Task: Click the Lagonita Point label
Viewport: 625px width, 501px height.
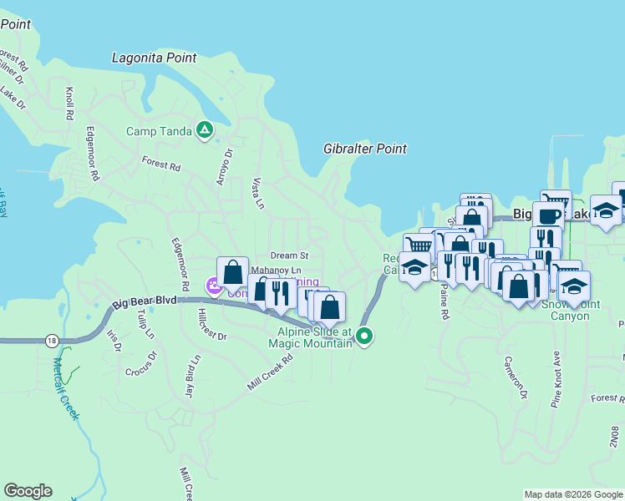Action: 155,58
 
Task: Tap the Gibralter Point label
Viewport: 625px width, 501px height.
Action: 365,149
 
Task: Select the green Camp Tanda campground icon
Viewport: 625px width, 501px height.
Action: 204,129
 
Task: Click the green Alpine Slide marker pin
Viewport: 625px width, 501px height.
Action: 363,337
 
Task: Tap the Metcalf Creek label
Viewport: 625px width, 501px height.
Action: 65,388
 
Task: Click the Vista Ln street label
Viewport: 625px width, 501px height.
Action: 258,193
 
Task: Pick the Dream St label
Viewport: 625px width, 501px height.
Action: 289,255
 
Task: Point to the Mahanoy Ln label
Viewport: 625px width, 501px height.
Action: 276,271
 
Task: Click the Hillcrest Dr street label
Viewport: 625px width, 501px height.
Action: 213,325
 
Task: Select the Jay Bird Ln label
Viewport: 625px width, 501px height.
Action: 192,376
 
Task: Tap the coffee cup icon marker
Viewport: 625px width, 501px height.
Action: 548,216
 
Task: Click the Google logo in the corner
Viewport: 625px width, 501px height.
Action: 28,491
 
